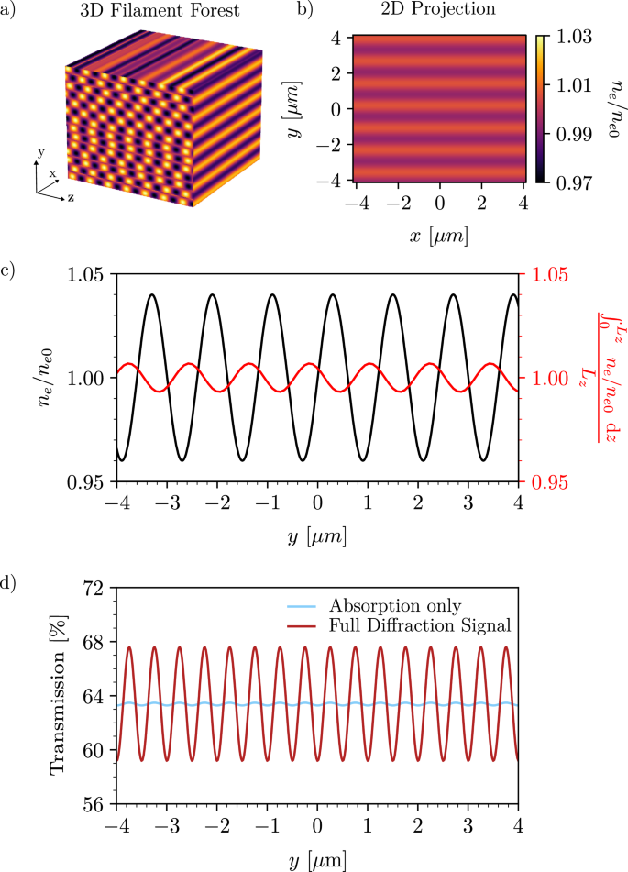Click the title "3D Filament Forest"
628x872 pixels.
click(x=149, y=11)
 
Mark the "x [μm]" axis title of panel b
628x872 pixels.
click(x=440, y=237)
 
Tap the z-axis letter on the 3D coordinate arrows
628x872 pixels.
click(x=71, y=197)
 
